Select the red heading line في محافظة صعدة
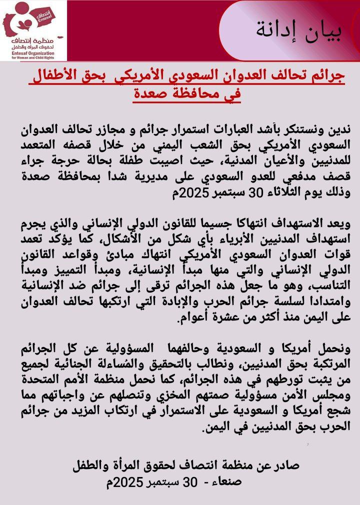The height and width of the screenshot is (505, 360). pos(187,93)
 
